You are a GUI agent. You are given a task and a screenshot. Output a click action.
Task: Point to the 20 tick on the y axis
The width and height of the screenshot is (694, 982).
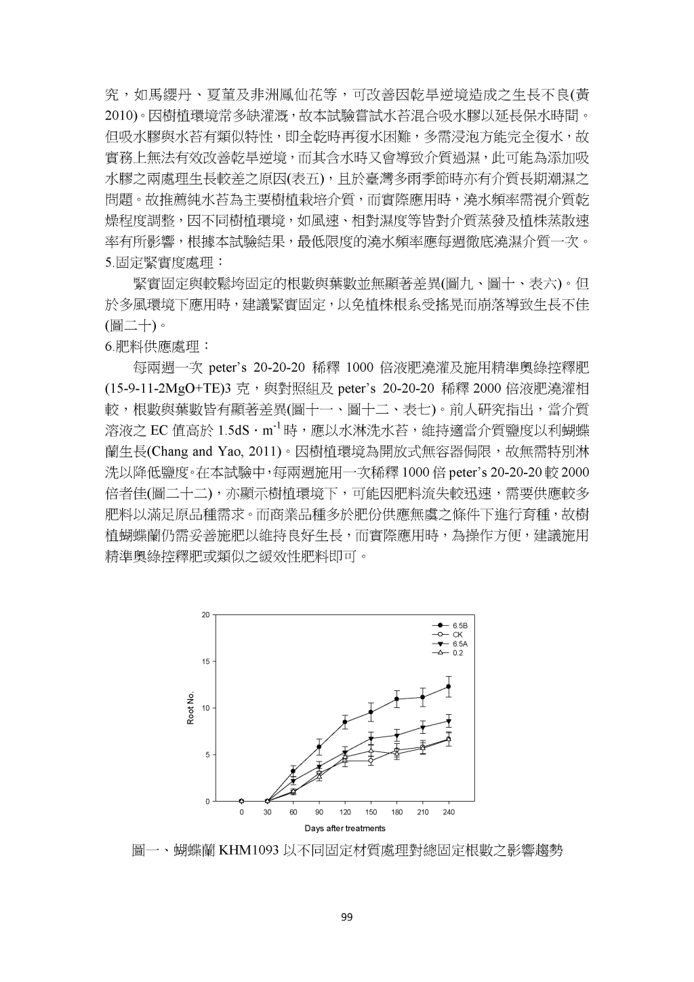205,615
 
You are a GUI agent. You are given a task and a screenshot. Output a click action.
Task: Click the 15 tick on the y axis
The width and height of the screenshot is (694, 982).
205,662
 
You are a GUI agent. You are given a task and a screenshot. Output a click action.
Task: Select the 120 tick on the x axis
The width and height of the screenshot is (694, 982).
345,812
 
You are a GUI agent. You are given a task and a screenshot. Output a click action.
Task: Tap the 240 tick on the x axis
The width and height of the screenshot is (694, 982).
449,812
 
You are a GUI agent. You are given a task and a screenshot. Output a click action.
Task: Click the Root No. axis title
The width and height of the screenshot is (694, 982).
191,708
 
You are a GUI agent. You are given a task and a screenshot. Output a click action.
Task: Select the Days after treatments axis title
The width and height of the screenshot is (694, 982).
345,828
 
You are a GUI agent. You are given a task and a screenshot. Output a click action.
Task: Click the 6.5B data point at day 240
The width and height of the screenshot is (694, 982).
449,686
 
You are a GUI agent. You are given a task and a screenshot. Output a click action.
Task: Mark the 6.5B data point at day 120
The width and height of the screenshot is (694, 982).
345,722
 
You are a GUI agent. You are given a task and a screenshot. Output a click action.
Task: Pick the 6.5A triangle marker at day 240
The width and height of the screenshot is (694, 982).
449,721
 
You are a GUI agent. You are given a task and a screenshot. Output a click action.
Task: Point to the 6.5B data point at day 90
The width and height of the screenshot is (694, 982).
319,747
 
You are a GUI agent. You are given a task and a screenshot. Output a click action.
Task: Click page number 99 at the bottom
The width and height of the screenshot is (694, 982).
346,918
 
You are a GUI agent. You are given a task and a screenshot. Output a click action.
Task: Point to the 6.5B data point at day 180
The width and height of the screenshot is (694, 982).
397,699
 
